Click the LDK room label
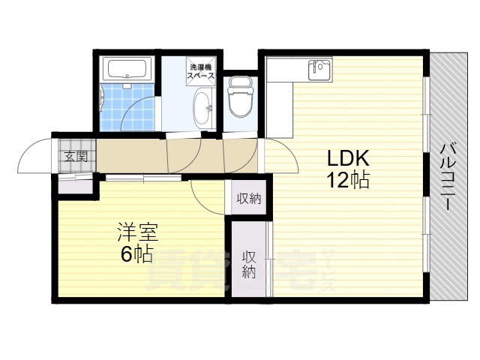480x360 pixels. [346, 158]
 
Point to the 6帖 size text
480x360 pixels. [136, 254]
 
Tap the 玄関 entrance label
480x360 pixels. [75, 157]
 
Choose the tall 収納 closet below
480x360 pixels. [249, 262]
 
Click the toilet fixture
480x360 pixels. [241, 100]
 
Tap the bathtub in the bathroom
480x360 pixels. [130, 70]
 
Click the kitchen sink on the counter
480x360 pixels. [321, 70]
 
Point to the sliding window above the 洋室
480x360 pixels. [142, 178]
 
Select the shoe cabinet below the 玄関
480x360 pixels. [75, 183]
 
